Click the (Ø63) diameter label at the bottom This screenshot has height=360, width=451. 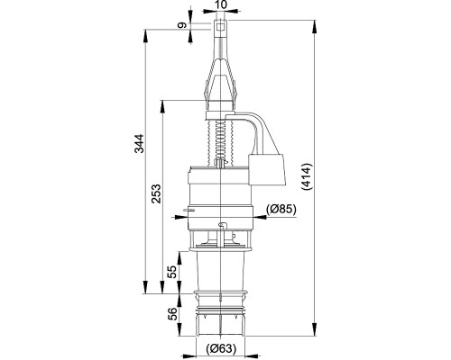coord(222,350)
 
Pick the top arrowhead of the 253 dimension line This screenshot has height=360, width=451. coord(164,101)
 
